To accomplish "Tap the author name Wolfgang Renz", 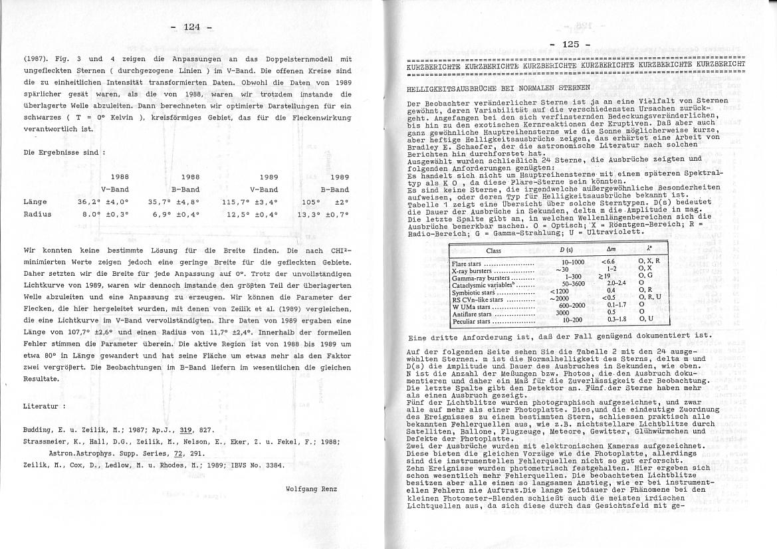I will pyautogui.click(x=311, y=489).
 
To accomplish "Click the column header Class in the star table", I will pyautogui.click(x=493, y=251).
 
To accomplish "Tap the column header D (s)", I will pyautogui.click(x=566, y=250).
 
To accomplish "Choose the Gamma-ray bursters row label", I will pyautogui.click(x=478, y=277).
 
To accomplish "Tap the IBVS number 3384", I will pyautogui.click(x=272, y=465).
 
